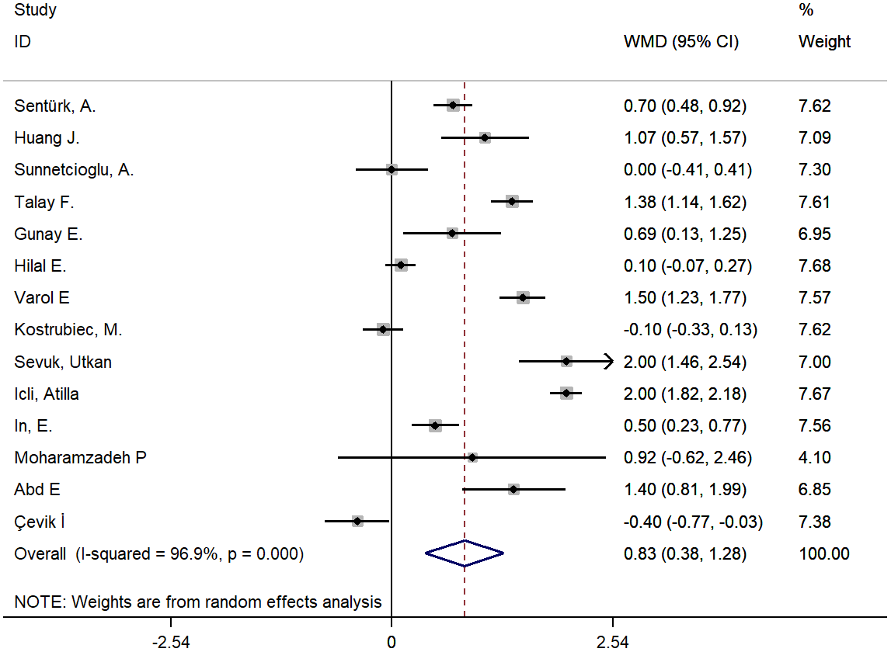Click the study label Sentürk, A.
55,106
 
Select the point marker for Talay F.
511,202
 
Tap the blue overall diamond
464,553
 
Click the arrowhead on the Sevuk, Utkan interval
607,362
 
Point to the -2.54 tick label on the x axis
170,641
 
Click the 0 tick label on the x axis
392,641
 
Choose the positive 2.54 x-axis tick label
613,641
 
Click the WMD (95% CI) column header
681,42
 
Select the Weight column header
824,42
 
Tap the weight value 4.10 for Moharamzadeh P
814,457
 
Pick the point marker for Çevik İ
357,521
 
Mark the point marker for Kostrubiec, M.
382,330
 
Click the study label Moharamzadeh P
80,457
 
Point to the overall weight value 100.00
823,554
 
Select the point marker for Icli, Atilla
566,394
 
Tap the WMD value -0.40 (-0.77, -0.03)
693,522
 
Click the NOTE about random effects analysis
198,602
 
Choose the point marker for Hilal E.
401,265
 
